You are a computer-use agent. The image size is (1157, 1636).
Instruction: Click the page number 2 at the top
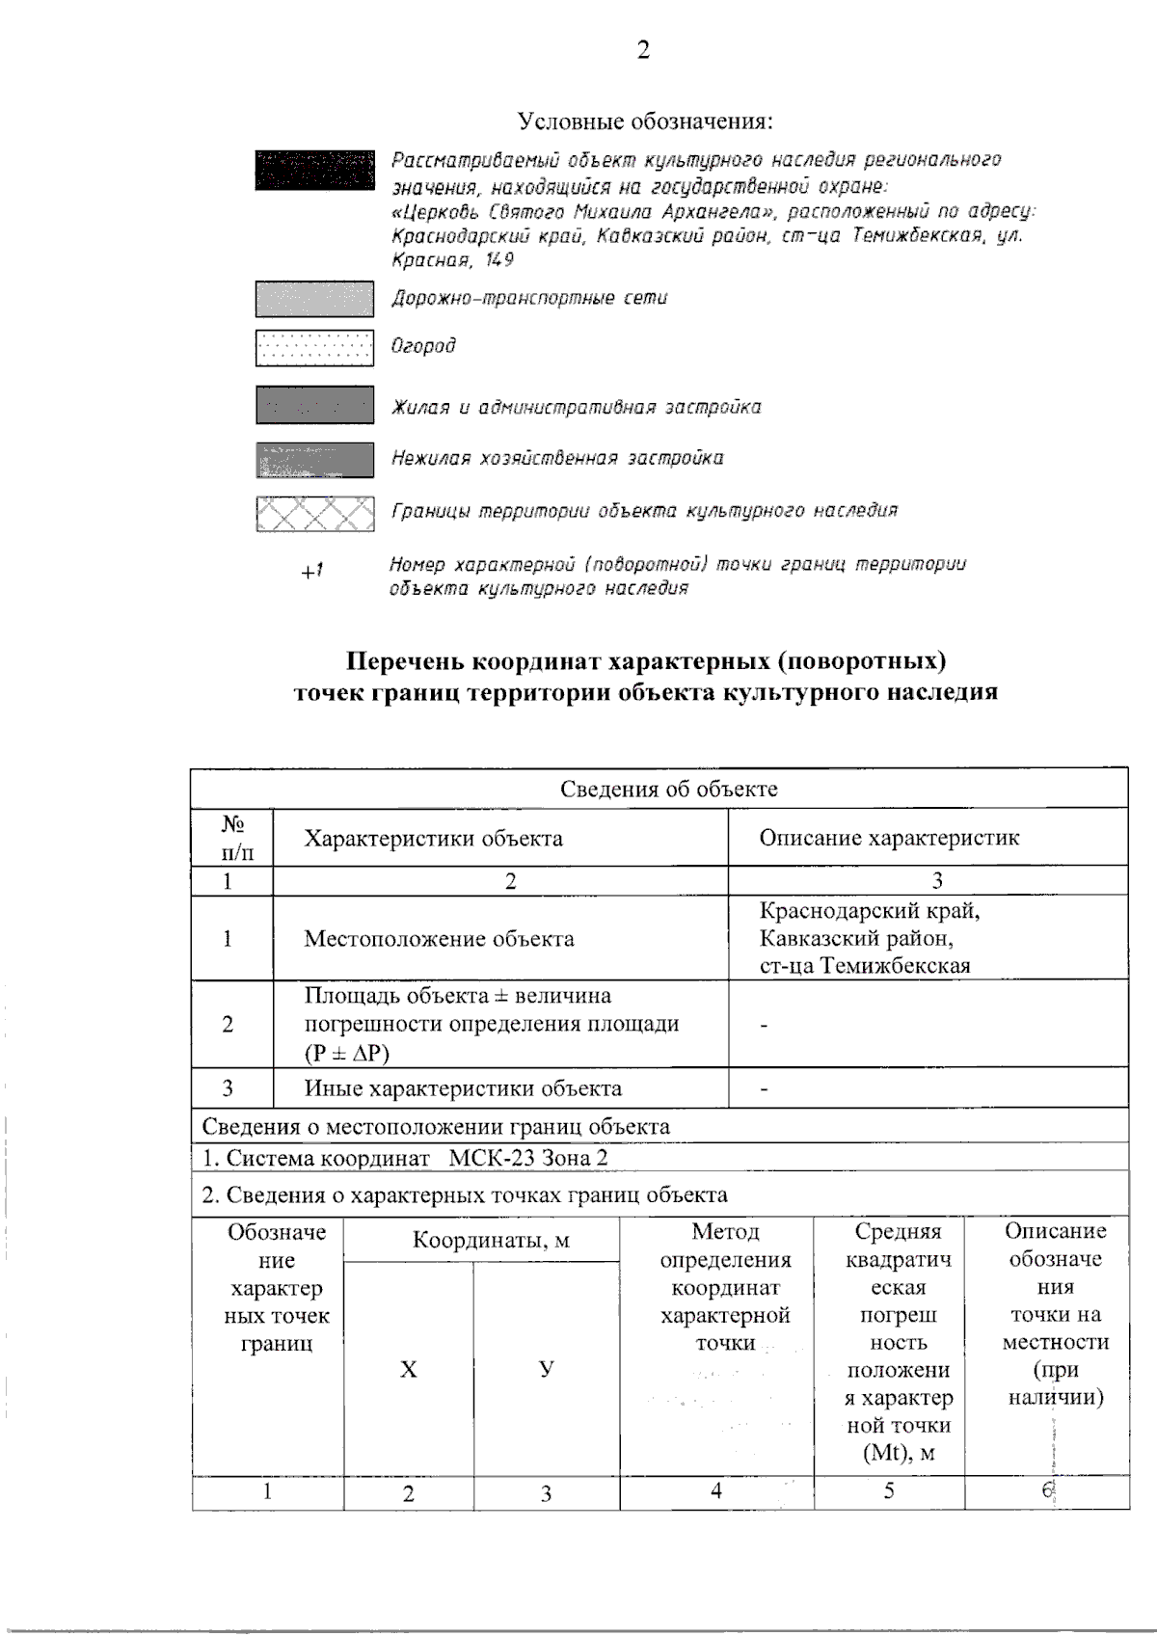pos(643,50)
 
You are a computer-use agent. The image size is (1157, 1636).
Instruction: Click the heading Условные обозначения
pos(645,121)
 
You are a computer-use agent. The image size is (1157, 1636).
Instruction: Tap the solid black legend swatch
pos(314,170)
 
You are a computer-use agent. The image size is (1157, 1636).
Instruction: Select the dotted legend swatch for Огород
pos(314,348)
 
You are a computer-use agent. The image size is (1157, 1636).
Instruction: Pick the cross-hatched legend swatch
pos(314,514)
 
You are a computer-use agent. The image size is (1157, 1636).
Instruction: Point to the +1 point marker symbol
pos(311,571)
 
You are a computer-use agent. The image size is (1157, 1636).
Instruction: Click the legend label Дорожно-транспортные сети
pos(528,298)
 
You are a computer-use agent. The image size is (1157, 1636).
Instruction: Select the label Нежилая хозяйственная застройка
pos(557,458)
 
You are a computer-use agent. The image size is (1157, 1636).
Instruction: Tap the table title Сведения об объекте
pos(668,789)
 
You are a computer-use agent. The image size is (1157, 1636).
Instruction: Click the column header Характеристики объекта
pos(433,838)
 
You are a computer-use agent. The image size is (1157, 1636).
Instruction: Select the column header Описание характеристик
pos(888,838)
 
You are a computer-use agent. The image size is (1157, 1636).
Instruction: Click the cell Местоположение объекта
pos(439,938)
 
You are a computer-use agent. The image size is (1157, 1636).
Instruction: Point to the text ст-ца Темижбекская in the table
pos(864,966)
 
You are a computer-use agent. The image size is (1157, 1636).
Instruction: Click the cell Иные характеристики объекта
pos(463,1088)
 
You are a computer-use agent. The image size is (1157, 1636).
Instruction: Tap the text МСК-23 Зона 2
pos(528,1158)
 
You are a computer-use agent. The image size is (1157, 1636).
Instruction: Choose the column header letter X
pos(408,1370)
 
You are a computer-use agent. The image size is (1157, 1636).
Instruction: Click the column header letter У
pos(547,1369)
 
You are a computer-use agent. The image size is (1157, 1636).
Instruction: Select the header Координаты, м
pos(491,1240)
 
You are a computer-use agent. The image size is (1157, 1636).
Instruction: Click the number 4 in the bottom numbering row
pos(716,1491)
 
